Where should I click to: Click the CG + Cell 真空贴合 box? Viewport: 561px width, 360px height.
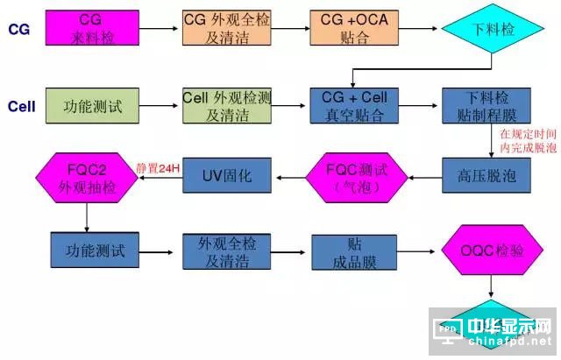click(x=348, y=106)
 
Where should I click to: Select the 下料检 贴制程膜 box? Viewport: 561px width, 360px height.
click(x=482, y=106)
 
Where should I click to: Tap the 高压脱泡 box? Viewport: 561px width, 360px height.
click(x=482, y=176)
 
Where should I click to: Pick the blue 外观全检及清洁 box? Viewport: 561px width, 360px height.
click(x=220, y=251)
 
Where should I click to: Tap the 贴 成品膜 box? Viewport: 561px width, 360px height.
click(x=348, y=251)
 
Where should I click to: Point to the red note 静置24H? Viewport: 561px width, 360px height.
click(x=158, y=167)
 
